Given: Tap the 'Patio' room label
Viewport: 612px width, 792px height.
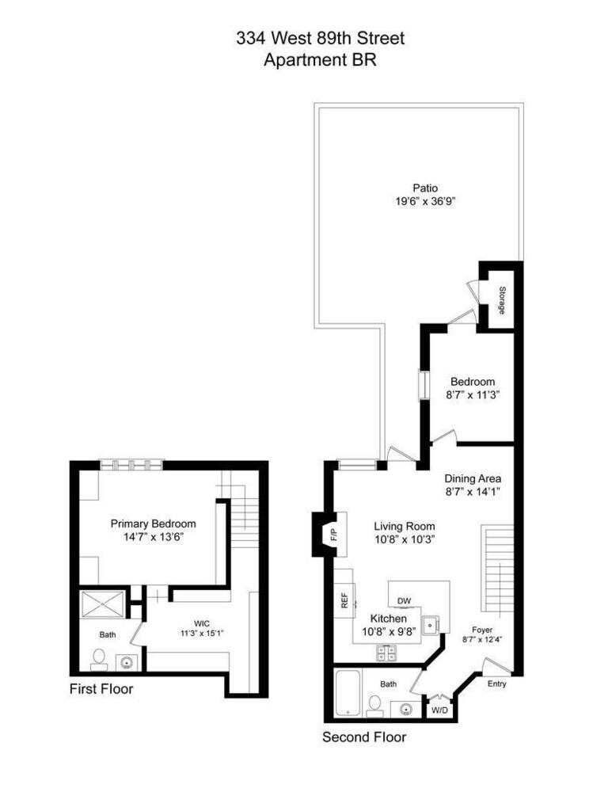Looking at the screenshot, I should (x=425, y=188).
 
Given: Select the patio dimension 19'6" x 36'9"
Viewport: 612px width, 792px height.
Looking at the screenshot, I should (x=425, y=201).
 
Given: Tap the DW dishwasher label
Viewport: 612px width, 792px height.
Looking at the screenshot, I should (x=405, y=600).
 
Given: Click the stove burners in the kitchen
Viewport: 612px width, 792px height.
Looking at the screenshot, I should (x=386, y=653).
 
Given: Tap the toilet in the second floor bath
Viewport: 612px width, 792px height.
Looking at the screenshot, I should (x=375, y=703).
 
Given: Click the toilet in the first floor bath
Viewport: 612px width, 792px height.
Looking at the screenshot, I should (x=100, y=657).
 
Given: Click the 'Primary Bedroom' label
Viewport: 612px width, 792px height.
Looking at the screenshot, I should (x=153, y=524).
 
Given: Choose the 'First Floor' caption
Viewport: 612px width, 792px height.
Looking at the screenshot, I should (x=101, y=689).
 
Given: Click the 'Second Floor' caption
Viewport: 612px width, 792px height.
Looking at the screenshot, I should (x=363, y=737).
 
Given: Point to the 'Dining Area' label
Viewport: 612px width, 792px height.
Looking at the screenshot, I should (x=473, y=478).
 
